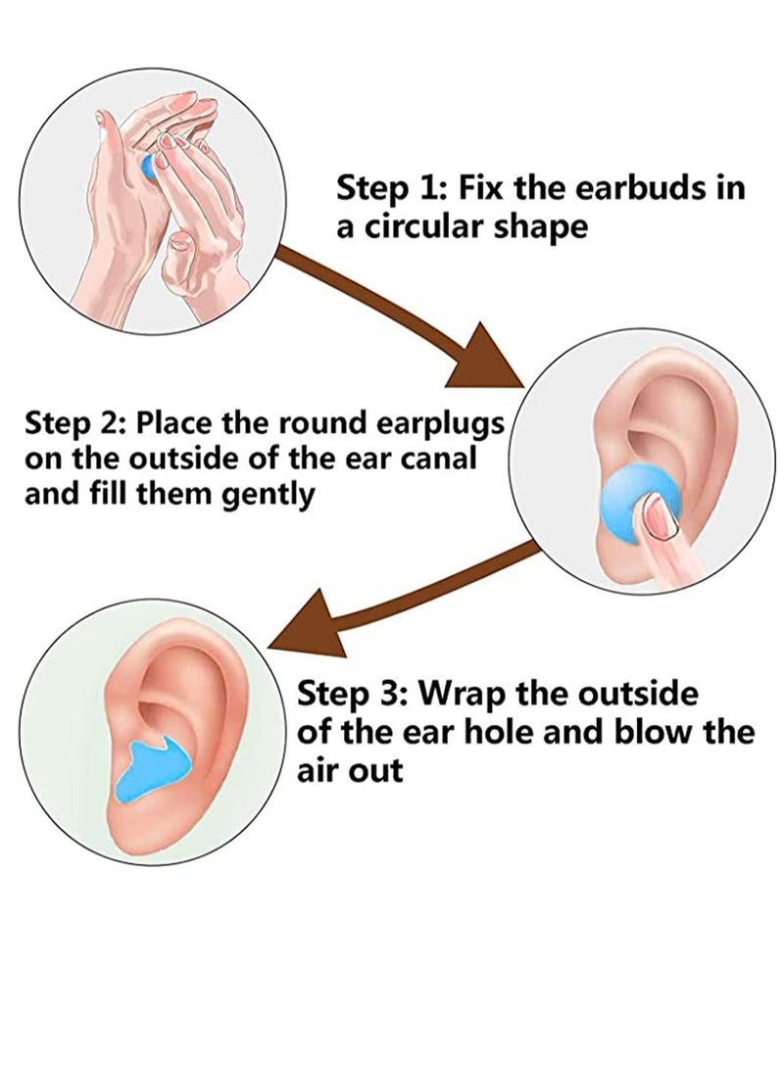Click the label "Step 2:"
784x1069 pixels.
pyautogui.click(x=73, y=423)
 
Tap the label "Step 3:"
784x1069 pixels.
pyautogui.click(x=349, y=695)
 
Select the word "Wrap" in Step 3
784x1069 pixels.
pyautogui.click(x=459, y=695)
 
